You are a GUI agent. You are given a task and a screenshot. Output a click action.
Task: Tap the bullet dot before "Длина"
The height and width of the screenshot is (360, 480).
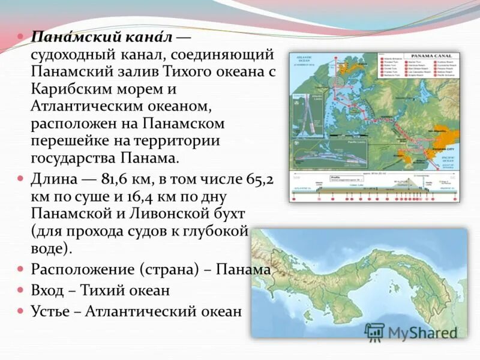20,179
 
